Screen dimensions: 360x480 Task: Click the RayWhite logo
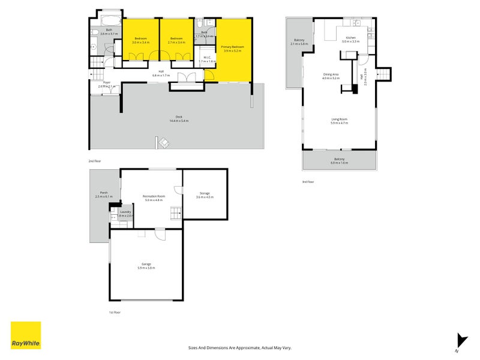click(x=26, y=335)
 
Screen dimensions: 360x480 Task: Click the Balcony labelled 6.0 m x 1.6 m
click(x=340, y=161)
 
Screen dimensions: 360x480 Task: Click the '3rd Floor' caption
click(x=308, y=181)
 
